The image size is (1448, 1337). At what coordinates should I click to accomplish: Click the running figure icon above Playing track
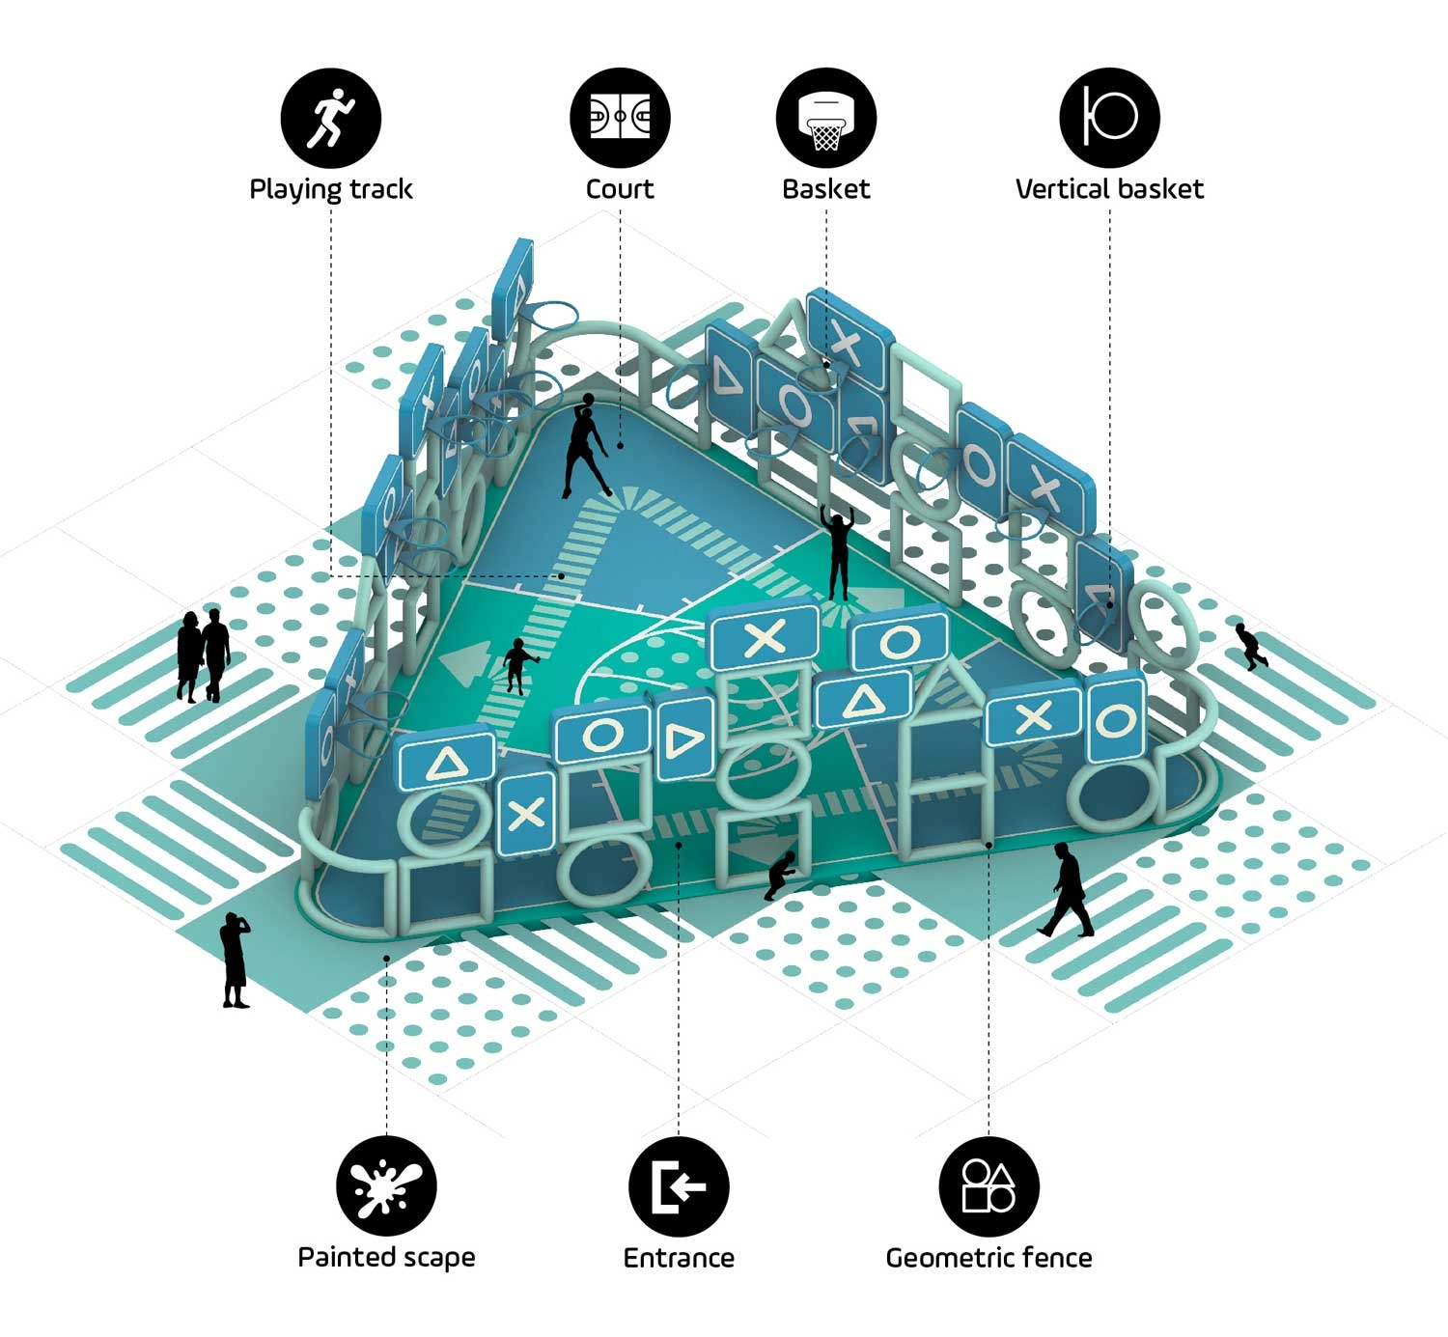(330, 118)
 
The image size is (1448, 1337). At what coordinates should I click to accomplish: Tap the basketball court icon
(620, 118)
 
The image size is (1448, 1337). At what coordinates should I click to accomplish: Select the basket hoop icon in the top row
(826, 118)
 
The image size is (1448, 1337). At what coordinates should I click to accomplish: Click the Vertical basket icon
(1109, 118)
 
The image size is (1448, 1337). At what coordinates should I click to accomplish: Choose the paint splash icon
(386, 1186)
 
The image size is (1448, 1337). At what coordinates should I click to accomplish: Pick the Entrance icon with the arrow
(679, 1186)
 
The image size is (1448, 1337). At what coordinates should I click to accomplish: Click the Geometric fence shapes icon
(989, 1186)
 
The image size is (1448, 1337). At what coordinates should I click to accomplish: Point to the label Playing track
(331, 189)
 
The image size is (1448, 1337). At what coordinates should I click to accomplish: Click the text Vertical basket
(1109, 189)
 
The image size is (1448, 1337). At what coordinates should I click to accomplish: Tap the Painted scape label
(386, 1258)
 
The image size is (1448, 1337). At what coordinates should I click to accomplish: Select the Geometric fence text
(989, 1258)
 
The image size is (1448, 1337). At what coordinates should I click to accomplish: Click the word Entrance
(679, 1258)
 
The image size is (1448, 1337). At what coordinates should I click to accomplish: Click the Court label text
(620, 189)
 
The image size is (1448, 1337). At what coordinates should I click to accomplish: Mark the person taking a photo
(234, 960)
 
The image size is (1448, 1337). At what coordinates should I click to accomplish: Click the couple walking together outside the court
(204, 655)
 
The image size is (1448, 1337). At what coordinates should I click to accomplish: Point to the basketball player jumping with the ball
(585, 445)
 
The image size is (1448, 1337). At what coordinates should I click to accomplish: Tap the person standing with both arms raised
(840, 552)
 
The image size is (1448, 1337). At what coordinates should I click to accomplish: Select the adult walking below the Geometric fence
(1066, 890)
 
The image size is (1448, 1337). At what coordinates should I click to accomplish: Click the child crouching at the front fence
(779, 876)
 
